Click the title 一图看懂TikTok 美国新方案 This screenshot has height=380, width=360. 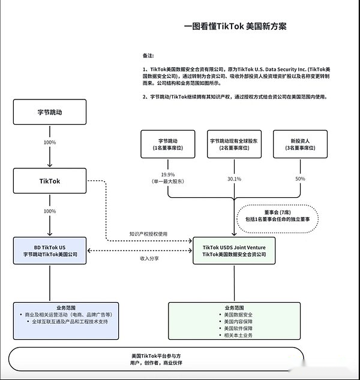(235, 26)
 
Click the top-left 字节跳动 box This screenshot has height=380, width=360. (50, 112)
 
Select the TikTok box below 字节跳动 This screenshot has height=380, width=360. (50, 181)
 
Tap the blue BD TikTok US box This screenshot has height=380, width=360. (50, 251)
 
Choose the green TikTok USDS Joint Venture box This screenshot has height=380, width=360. (234, 251)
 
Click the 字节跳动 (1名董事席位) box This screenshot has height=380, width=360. (168, 144)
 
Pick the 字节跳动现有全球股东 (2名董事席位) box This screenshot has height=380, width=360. (234, 144)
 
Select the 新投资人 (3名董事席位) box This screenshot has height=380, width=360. (301, 144)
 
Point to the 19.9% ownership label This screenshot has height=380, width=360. (168, 174)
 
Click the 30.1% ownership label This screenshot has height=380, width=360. (235, 179)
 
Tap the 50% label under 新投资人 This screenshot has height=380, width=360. (301, 179)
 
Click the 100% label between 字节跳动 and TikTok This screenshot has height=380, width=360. (50, 142)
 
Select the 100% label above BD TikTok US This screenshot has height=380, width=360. (50, 211)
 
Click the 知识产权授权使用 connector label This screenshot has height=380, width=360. (148, 234)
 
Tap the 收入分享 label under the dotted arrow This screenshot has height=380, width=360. (149, 258)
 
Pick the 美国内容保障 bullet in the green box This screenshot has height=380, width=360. (238, 322)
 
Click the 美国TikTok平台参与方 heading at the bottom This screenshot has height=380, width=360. (156, 356)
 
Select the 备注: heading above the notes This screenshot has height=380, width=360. (148, 56)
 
